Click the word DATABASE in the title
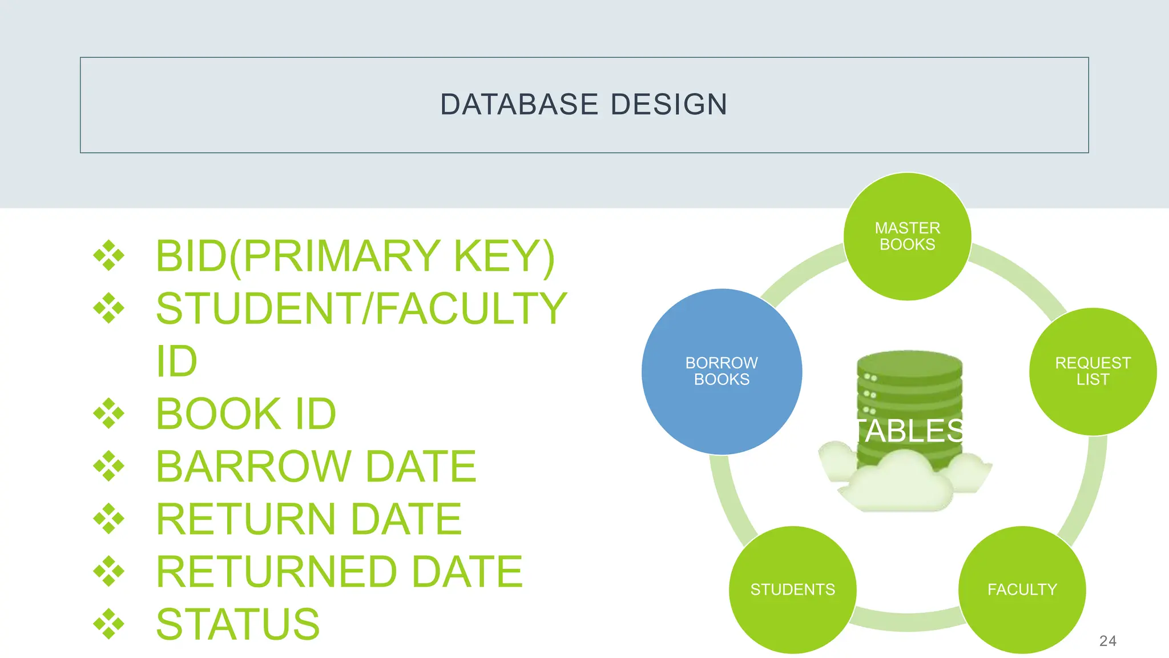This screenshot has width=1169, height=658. point(519,105)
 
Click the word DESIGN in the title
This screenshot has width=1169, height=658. point(669,105)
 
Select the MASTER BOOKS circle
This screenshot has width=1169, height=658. point(907,236)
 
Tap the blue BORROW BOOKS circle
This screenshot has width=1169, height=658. point(721,371)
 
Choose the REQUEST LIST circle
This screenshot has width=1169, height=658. point(1093,371)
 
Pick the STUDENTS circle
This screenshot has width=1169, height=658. point(792,589)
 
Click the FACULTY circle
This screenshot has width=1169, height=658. point(1022,589)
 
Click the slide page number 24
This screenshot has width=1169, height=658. point(1107,641)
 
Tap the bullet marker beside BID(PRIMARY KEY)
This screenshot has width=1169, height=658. point(108,256)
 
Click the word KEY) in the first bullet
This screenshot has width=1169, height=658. point(503,256)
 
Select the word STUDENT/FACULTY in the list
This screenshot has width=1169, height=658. point(361,308)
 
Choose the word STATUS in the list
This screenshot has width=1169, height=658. point(237,624)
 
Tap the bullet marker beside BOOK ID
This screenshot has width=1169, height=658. point(108,414)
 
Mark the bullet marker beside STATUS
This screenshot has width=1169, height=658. point(108,624)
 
